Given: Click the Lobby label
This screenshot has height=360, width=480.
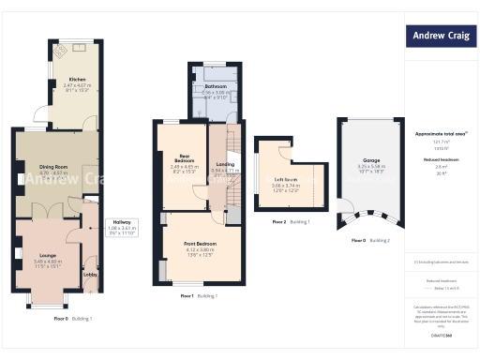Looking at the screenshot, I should [x=91, y=275].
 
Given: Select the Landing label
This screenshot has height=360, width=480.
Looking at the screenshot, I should [x=224, y=164].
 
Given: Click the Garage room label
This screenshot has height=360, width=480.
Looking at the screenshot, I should [x=371, y=160].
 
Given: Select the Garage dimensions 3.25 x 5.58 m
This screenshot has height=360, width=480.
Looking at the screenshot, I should [x=371, y=166].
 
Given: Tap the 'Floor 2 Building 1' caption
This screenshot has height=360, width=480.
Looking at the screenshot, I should [x=290, y=222].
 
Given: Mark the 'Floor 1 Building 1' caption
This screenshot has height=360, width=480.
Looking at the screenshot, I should [x=199, y=296].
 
